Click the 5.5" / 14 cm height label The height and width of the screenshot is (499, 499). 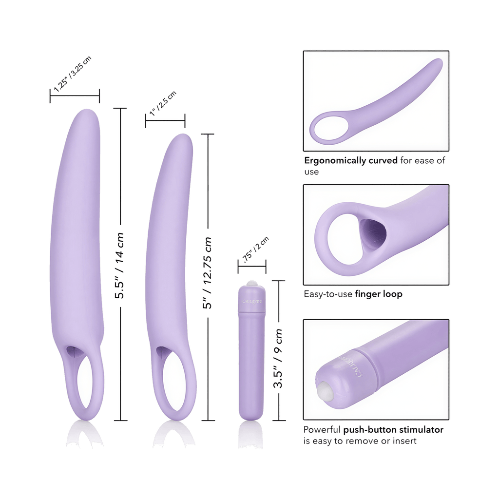pyautogui.click(x=119, y=266)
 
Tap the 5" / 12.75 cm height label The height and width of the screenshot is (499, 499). pyautogui.click(x=207, y=273)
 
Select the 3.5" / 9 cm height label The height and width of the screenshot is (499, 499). pyautogui.click(x=278, y=358)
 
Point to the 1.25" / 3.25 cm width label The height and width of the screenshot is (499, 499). pyautogui.click(x=73, y=74)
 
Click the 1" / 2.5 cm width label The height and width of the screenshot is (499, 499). pyautogui.click(x=163, y=103)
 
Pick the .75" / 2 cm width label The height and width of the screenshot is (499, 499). pyautogui.click(x=256, y=249)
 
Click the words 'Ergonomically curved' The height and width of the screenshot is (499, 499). pyautogui.click(x=351, y=160)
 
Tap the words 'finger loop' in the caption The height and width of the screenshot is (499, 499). pyautogui.click(x=378, y=294)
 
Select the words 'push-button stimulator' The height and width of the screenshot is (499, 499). pyautogui.click(x=393, y=430)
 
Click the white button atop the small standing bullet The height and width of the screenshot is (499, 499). pyautogui.click(x=252, y=283)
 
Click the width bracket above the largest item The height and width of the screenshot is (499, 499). pyautogui.click(x=75, y=96)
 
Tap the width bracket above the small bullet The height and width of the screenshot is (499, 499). pyautogui.click(x=252, y=267)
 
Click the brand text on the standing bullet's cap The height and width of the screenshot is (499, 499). pyautogui.click(x=252, y=301)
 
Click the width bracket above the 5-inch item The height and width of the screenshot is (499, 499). pyautogui.click(x=165, y=121)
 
